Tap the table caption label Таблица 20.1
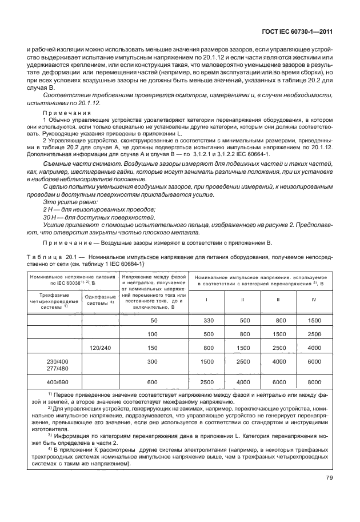(x=54, y=258)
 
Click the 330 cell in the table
(x=209, y=321)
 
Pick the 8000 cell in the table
(x=311, y=382)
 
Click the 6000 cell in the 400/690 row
(x=278, y=382)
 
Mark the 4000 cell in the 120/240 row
(x=311, y=346)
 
